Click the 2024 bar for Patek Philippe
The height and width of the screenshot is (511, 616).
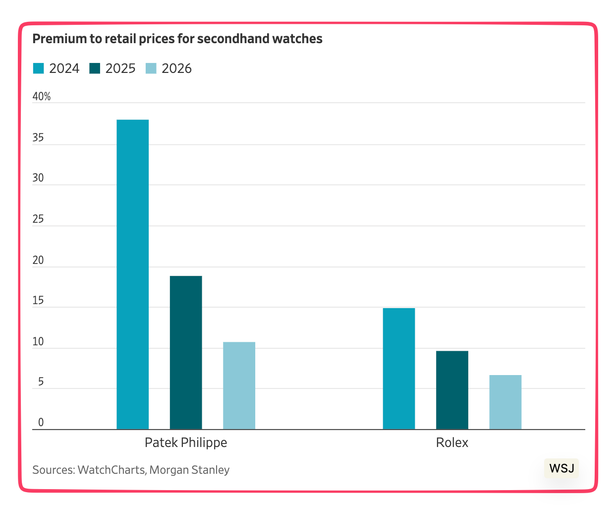132,274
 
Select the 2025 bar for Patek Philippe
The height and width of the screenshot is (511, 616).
186,352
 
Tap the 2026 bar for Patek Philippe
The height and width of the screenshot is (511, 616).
239,385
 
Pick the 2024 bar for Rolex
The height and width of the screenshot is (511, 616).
399,369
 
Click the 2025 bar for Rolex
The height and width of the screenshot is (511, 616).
452,390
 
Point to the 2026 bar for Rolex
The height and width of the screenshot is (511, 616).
505,402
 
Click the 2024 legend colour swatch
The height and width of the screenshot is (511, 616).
39,68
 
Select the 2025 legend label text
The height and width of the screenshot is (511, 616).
120,68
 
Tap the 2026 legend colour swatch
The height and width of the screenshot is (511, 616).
151,68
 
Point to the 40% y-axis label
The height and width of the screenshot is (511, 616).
42,97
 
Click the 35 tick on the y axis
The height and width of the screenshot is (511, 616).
38,138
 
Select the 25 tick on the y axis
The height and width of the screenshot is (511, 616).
38,219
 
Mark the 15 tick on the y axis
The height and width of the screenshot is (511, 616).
38,301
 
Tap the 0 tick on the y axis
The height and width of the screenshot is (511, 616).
41,422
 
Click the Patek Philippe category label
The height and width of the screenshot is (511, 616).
186,443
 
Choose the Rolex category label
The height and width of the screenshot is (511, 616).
452,443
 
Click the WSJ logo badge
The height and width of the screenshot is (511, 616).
561,468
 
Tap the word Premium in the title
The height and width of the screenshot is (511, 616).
54,39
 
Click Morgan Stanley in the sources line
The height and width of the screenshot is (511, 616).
189,470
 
